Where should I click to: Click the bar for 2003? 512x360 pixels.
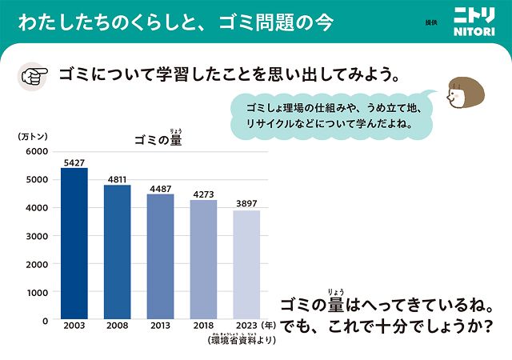(74, 243)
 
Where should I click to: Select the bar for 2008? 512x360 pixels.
(117, 252)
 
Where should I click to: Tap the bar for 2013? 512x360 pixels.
(160, 257)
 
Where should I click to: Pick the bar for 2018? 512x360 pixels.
(203, 260)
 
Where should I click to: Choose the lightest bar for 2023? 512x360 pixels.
(246, 265)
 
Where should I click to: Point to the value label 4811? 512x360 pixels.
(117, 179)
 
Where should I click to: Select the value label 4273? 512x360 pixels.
(203, 194)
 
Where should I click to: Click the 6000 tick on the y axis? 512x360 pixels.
(36, 151)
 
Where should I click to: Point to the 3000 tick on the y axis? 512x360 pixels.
(36, 236)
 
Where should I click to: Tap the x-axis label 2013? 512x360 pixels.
(160, 327)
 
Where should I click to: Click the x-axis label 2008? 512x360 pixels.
(117, 327)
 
